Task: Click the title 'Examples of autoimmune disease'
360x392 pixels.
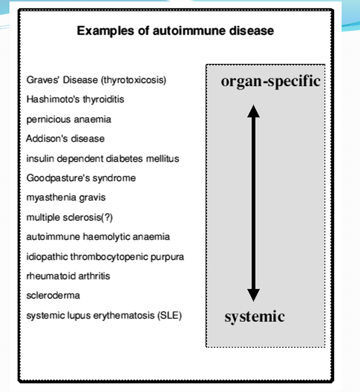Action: pos(175,31)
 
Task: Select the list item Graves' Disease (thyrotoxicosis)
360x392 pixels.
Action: pos(96,80)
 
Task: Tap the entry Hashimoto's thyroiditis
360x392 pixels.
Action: pos(75,100)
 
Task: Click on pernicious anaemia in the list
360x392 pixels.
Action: pos(69,120)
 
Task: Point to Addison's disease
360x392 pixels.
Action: pos(65,139)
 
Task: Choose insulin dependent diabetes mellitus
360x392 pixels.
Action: pos(103,159)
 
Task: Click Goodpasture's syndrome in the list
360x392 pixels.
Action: pos(81,178)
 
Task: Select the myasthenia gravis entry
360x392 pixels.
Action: pos(66,198)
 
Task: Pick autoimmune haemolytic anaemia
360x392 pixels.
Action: pos(98,237)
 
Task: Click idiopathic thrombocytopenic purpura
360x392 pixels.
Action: pos(105,257)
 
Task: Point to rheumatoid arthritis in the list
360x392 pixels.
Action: pos(68,276)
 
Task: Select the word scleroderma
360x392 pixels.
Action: pos(53,295)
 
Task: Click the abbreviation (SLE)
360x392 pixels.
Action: pos(170,315)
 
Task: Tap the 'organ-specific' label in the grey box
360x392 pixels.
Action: pos(270,82)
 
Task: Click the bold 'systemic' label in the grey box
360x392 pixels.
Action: pos(254,317)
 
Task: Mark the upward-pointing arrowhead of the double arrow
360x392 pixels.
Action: pos(253,111)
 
